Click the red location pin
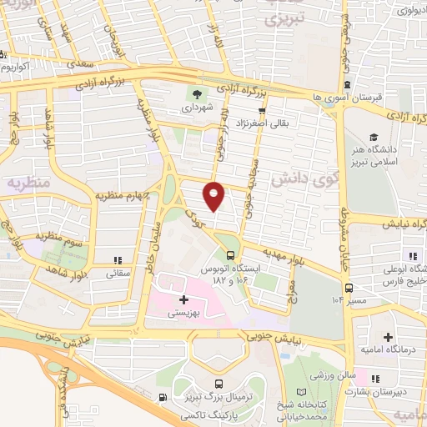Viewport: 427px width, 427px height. [214, 195]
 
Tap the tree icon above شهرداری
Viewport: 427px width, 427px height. [197, 93]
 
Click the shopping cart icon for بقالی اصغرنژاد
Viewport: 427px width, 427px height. [263, 110]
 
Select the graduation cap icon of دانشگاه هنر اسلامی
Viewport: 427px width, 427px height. [374, 137]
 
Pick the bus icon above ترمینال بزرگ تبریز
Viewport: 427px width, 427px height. [219, 384]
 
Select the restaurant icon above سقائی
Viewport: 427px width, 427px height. [117, 259]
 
